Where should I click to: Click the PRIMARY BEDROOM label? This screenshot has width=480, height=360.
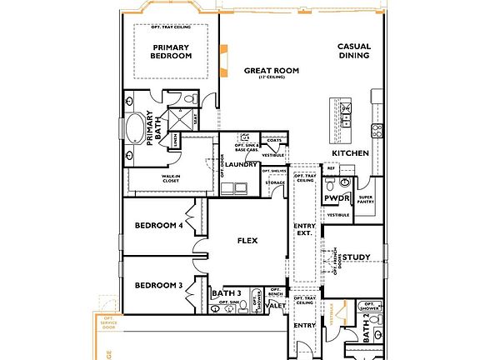tap(171, 51)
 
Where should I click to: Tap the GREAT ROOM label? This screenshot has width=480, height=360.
tap(266, 72)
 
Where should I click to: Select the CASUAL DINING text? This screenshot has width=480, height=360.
tap(354, 51)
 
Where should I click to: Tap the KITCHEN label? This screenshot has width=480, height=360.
tap(350, 154)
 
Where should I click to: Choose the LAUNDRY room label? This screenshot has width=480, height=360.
tap(242, 165)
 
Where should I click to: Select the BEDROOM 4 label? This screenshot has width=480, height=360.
tap(158, 225)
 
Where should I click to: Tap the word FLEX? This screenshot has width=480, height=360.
tap(247, 241)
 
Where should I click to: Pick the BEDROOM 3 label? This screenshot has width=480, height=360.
tap(158, 286)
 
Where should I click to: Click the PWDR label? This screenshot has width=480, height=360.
tap(336, 198)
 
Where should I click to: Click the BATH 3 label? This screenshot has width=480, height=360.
tap(226, 293)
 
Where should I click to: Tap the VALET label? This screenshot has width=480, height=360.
tap(277, 307)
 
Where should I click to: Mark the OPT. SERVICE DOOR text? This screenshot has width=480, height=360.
tap(107, 322)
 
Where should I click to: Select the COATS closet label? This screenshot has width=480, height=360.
tap(274, 139)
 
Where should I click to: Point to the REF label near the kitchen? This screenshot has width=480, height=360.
tap(330, 168)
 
